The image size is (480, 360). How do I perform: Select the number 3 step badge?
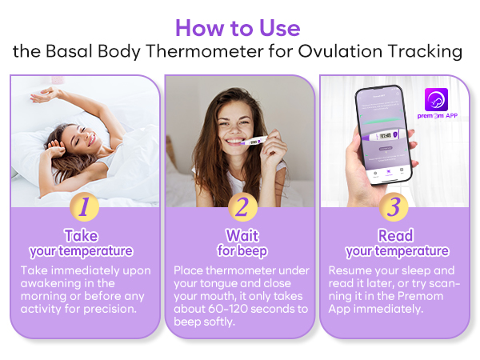click(x=394, y=207)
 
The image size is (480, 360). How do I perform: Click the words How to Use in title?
click(x=238, y=28)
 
